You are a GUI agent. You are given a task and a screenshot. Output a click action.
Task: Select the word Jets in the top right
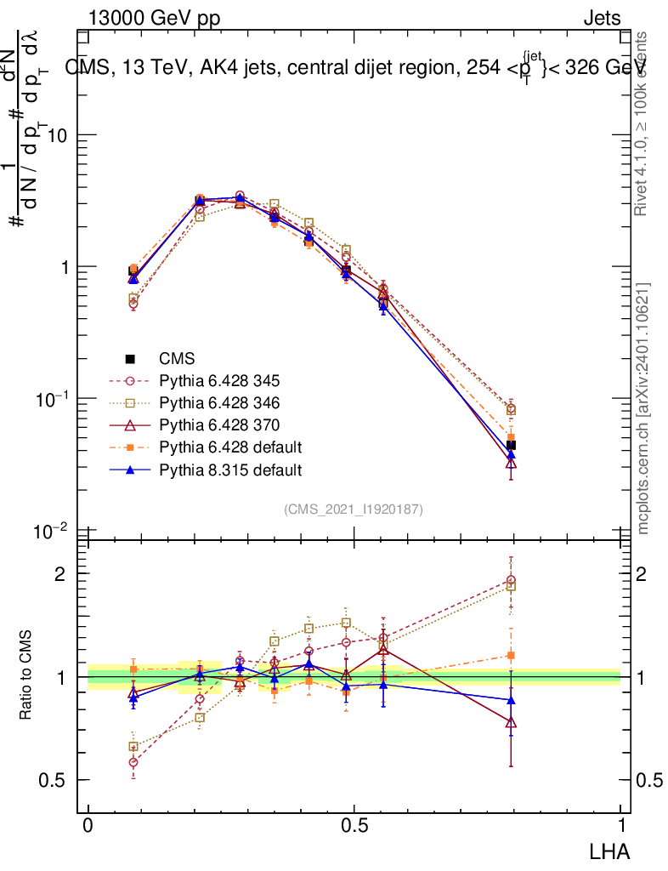602,19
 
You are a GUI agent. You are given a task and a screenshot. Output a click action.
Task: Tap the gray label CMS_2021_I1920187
354,509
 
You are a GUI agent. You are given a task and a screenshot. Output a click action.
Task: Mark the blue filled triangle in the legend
132,470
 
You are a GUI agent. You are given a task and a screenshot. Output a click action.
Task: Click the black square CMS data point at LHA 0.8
511,446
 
